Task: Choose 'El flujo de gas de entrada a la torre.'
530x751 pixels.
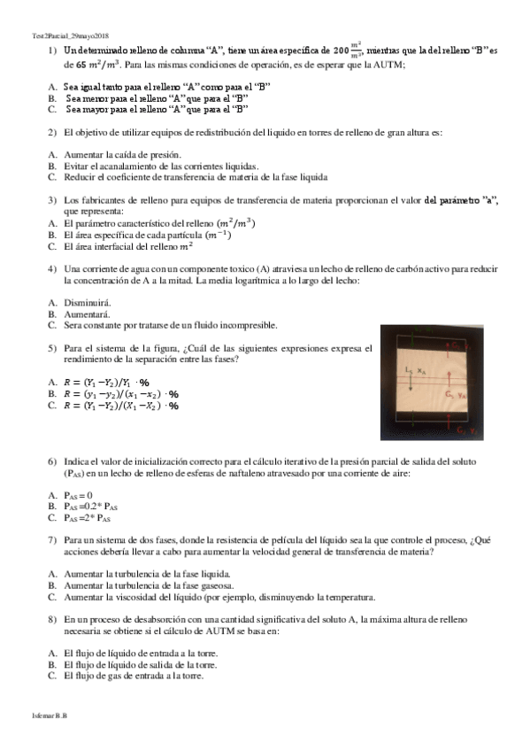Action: [x=134, y=676]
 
